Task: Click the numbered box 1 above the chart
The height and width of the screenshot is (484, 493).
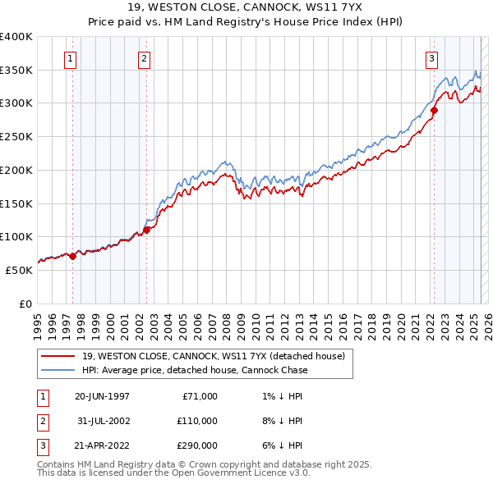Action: tap(71, 58)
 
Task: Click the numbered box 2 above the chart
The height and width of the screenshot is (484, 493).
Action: tap(144, 58)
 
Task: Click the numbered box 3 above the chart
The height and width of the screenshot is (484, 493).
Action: tap(431, 58)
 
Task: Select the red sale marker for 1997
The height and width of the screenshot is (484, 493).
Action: tap(72, 256)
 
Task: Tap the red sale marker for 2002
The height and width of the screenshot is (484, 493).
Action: tap(147, 230)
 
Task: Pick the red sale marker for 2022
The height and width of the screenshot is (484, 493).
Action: tap(434, 110)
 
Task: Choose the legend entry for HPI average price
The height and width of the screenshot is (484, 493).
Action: tap(195, 370)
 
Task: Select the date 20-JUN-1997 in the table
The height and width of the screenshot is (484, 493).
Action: tap(102, 395)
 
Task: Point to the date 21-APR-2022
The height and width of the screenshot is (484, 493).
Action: tap(102, 446)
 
